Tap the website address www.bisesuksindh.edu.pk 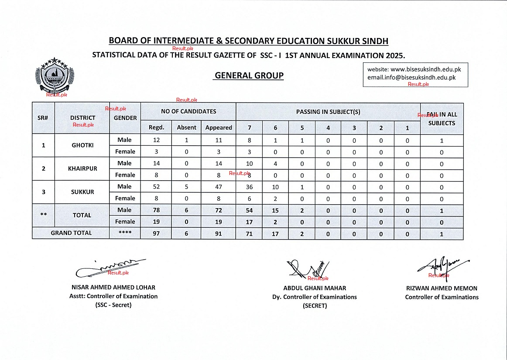(425, 69)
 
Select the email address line (411, 77)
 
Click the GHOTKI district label (82, 145)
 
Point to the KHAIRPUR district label (82, 168)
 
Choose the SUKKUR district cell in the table (82, 192)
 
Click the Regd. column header (156, 127)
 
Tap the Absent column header (187, 127)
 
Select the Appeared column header (219, 127)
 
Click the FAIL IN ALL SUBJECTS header (442, 119)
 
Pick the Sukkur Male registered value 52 (156, 187)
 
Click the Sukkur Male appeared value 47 (219, 187)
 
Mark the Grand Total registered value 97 (156, 233)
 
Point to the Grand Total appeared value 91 (219, 233)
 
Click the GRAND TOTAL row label (71, 233)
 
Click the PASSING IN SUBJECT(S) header (328, 112)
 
